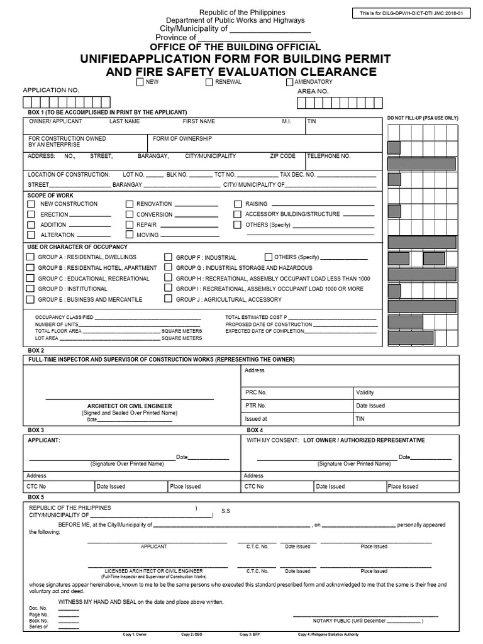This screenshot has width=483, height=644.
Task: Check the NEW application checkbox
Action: pyautogui.click(x=140, y=82)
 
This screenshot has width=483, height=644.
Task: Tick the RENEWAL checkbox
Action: pyautogui.click(x=209, y=82)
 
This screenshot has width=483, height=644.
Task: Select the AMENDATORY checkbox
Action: pyautogui.click(x=289, y=82)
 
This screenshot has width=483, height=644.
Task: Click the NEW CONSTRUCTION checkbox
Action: pyautogui.click(x=31, y=204)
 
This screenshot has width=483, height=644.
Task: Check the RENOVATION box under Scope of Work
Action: pyautogui.click(x=130, y=204)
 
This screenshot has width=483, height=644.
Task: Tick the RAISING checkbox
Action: pyautogui.click(x=238, y=204)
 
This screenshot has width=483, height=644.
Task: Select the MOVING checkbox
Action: pyautogui.click(x=130, y=235)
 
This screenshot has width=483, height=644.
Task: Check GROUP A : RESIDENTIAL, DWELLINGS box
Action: pyautogui.click(x=30, y=257)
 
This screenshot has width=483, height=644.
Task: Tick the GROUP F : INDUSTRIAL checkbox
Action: pyautogui.click(x=169, y=257)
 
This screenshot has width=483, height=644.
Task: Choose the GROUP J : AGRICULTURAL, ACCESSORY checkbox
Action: pyautogui.click(x=169, y=299)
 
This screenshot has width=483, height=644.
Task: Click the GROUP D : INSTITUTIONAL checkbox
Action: pyautogui.click(x=30, y=289)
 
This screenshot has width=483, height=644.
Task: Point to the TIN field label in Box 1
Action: pyautogui.click(x=312, y=121)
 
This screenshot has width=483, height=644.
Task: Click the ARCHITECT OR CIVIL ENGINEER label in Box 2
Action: pyautogui.click(x=130, y=406)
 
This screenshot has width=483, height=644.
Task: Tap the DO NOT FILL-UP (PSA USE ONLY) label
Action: pyautogui.click(x=423, y=118)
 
